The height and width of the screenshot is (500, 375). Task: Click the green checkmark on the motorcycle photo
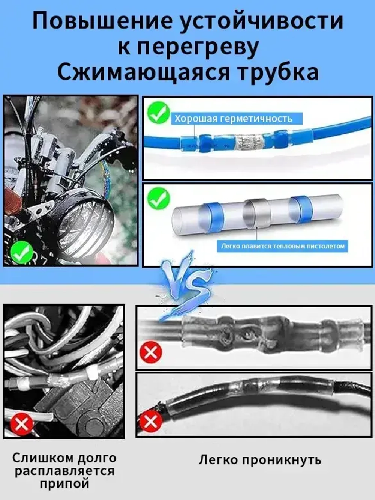tap(22, 252)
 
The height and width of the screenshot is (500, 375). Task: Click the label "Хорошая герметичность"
tap(233, 119)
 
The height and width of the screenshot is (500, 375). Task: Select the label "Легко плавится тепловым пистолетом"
tap(282, 246)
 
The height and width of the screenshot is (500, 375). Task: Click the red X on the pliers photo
tap(22, 424)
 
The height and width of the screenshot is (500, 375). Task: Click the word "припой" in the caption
tap(64, 483)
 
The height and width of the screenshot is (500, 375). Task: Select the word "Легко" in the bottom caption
tap(218, 460)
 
